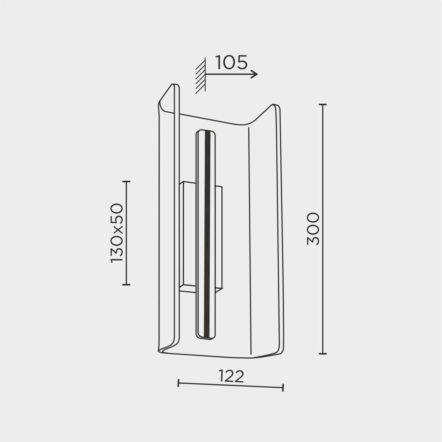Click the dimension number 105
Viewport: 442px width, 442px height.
(231, 62)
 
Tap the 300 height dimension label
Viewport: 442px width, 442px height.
(313, 229)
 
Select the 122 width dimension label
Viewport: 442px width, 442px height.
(231, 376)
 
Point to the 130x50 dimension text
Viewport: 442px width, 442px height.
(117, 233)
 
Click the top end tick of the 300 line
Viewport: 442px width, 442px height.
(323, 104)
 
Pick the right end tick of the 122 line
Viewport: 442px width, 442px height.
(283, 387)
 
